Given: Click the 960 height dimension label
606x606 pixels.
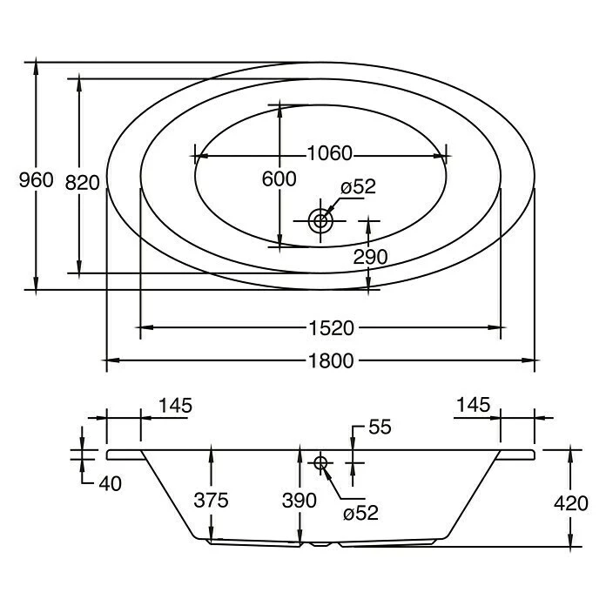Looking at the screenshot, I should (37, 180).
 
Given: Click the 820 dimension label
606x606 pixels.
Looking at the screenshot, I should (83, 181).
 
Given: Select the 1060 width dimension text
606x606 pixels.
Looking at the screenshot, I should (329, 154).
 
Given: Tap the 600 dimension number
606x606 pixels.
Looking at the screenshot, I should (279, 179).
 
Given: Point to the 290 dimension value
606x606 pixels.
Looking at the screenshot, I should (370, 256).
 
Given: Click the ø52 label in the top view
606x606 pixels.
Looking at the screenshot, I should (358, 187).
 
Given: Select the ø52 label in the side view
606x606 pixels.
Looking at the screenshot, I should (360, 513).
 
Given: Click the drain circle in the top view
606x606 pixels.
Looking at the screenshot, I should (320, 220).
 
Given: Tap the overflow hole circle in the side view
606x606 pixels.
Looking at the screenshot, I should (320, 462).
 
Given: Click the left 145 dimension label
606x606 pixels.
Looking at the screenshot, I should (175, 405).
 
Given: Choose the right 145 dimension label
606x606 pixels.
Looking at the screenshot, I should (474, 405).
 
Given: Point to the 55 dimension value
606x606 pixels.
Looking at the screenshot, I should (380, 427).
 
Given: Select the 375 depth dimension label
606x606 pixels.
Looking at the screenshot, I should (211, 500).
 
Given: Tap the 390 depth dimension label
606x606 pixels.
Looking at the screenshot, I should (299, 500).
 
